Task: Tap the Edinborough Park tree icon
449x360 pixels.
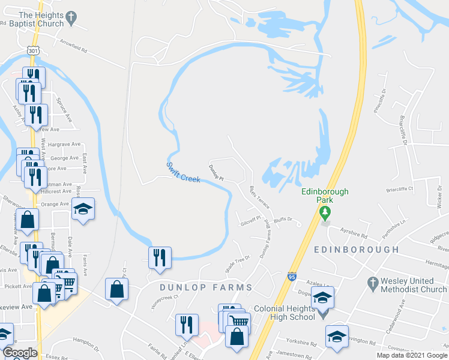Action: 325,212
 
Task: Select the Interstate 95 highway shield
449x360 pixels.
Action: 292,276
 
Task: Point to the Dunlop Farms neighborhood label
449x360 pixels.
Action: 206,287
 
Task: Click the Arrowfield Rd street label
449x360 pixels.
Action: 74,43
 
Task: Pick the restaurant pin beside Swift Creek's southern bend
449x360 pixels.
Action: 160,257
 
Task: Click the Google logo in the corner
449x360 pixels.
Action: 20,353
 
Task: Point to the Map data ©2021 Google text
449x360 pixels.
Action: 411,355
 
